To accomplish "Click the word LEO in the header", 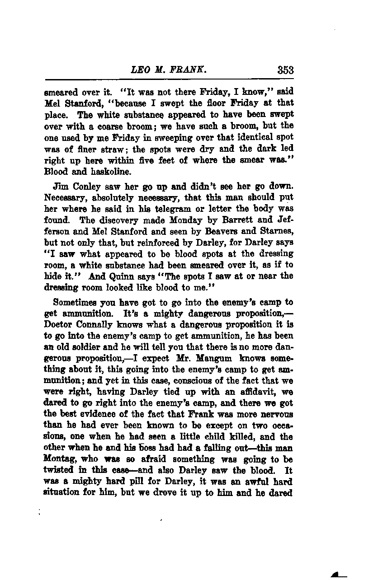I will click(139, 70).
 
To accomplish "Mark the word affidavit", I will click(255, 392).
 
